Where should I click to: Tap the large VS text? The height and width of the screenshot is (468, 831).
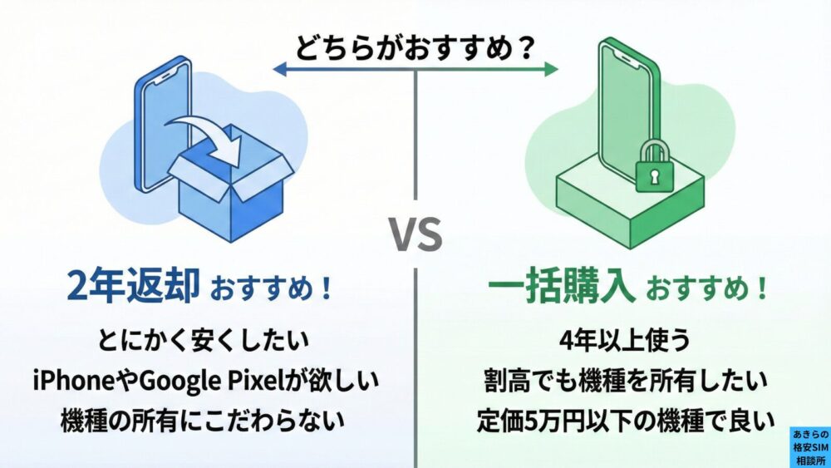[415, 235]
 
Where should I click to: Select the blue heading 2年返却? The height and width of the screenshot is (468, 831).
[134, 287]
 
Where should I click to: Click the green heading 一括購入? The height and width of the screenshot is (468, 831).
[562, 287]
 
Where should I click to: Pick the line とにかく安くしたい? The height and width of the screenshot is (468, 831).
[203, 340]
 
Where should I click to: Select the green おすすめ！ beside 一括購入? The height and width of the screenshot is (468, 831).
[706, 290]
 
